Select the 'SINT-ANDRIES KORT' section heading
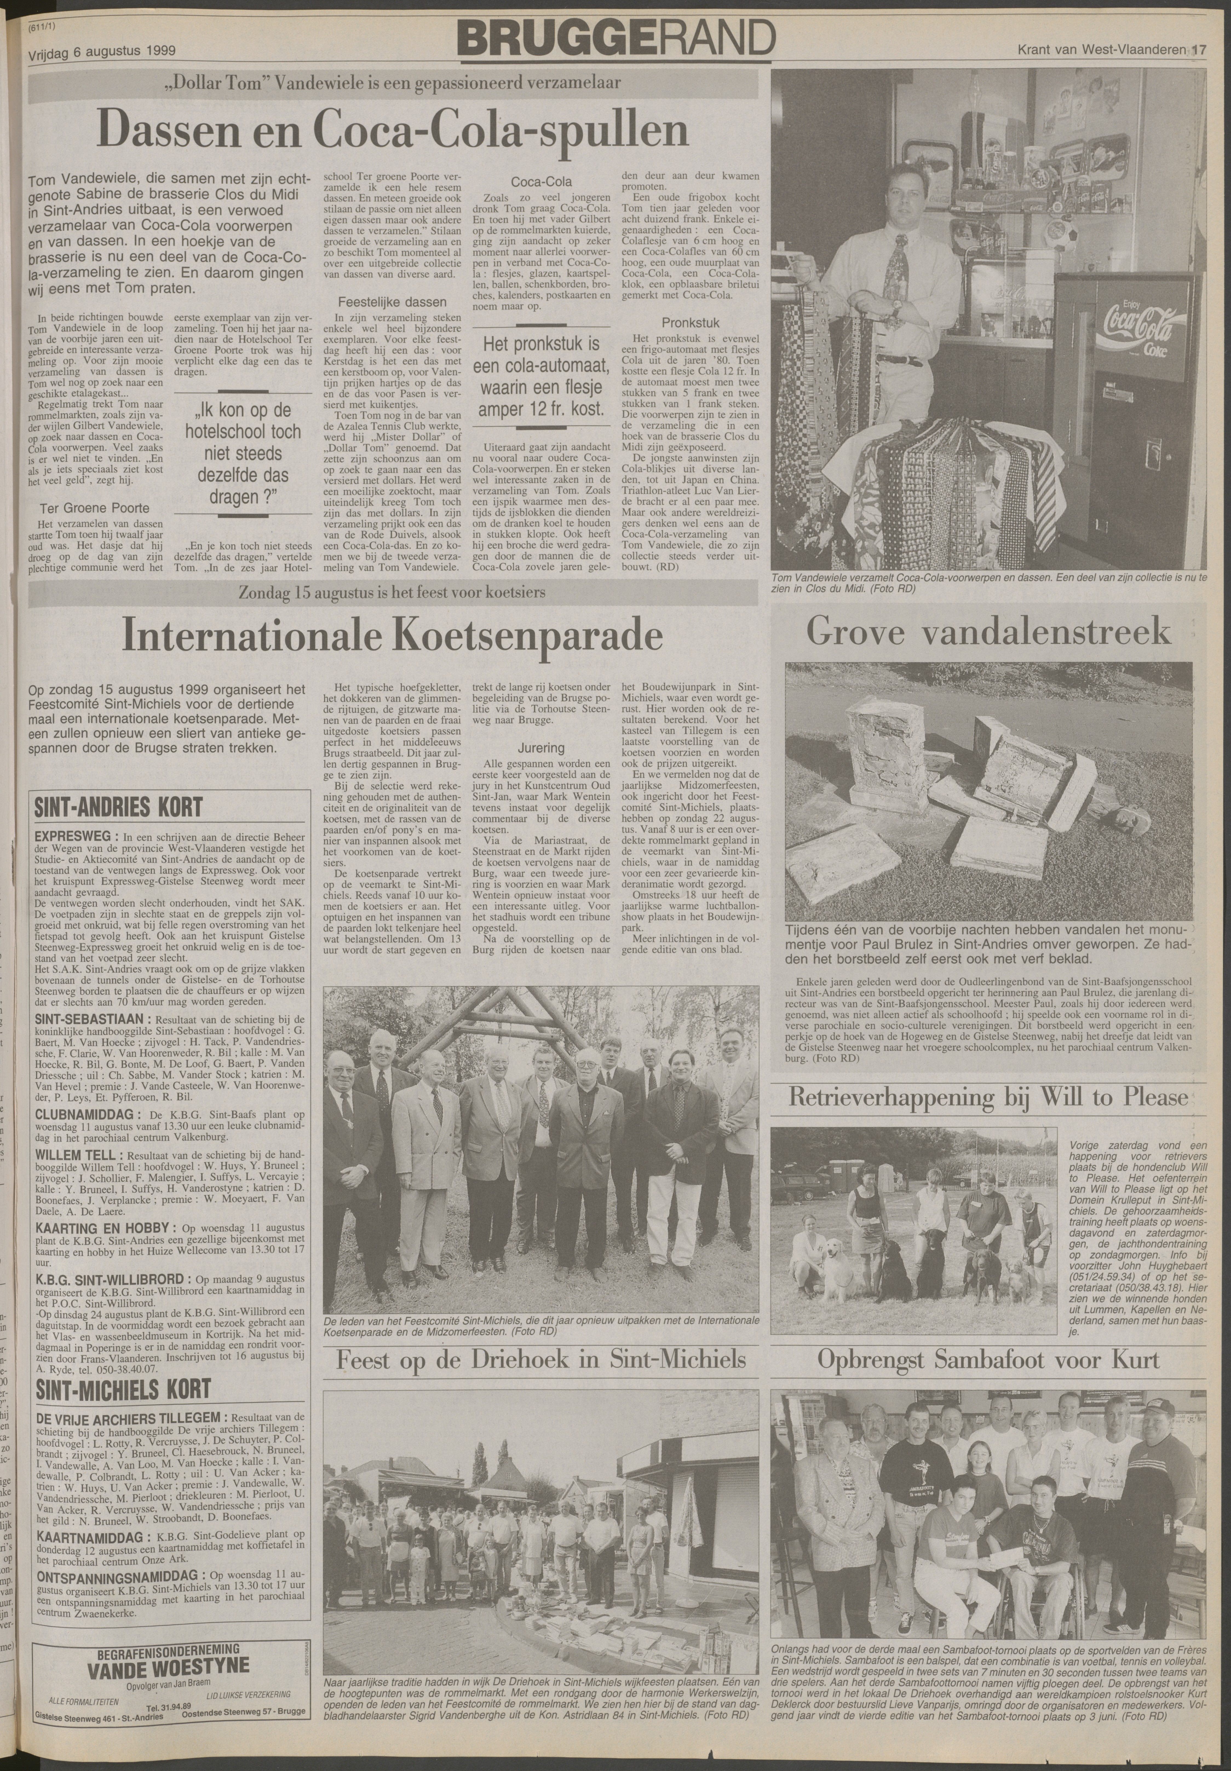click(x=119, y=808)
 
